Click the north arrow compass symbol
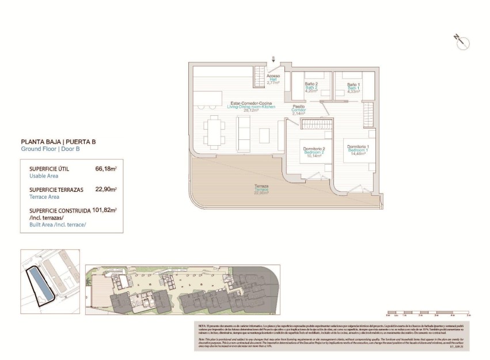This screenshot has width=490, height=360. coord(462,41)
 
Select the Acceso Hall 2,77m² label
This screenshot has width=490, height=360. coord(273,79)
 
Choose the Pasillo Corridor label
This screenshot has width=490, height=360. coord(298,109)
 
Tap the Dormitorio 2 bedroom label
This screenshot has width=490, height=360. coord(314,152)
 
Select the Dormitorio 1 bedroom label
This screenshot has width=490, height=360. coord(358,149)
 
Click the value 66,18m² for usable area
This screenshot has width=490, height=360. coord(106,169)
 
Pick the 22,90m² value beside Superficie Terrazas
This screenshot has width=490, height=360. coord(106,189)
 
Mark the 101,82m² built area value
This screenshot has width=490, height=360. coord(104,210)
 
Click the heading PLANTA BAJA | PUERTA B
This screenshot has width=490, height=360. coord(58,141)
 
